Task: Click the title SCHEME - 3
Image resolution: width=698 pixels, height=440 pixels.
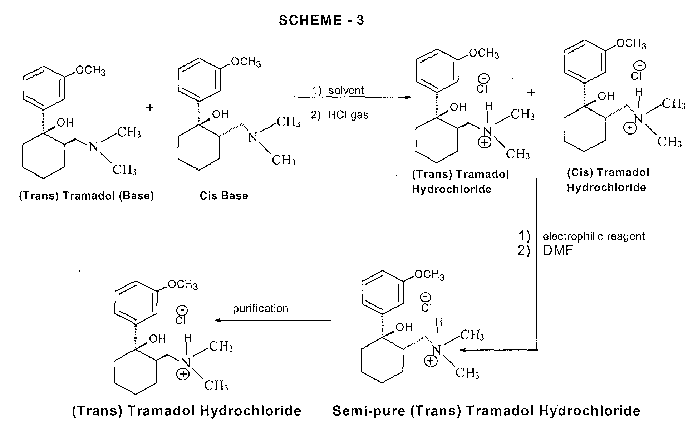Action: (321, 20)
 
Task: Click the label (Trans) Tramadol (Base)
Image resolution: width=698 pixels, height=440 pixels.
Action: (87, 196)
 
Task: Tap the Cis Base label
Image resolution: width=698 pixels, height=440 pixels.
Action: (224, 196)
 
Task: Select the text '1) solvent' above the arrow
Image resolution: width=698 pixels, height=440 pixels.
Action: (338, 90)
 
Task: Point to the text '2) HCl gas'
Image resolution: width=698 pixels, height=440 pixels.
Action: (339, 115)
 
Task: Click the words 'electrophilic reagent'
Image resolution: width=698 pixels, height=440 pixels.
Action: (594, 236)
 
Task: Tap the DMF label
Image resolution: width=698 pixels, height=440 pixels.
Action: (558, 251)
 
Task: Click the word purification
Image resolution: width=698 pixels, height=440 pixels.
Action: (260, 308)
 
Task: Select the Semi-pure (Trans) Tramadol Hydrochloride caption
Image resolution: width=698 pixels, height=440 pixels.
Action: (486, 411)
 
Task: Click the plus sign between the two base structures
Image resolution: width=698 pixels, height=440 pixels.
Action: (150, 107)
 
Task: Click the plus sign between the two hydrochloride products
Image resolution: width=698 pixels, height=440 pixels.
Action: (531, 93)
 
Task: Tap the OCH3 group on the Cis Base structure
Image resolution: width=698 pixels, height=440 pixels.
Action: (246, 62)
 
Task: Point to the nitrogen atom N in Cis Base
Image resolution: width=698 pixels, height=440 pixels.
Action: (253, 137)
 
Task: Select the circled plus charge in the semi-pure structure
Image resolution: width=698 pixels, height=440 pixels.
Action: (431, 361)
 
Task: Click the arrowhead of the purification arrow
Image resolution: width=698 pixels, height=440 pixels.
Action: (218, 320)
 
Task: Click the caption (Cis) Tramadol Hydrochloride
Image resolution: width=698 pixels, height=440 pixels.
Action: (608, 180)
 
